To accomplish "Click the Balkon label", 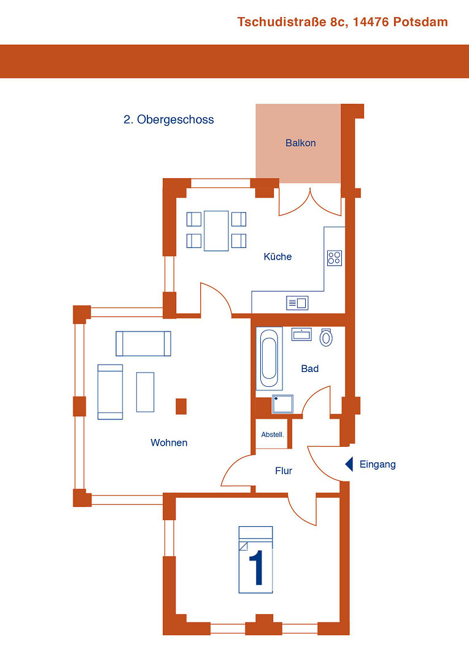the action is point(300,143).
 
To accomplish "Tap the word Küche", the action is point(277,257).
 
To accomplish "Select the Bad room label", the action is point(309,369).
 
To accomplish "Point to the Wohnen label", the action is point(169,443).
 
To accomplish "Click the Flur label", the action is point(284,471).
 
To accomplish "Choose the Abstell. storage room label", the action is point(273,435).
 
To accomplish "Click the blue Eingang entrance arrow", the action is point(349,464).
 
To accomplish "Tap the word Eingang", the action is point(378,465).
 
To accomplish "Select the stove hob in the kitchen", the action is point(335,258).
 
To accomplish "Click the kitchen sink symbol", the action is point(297,303).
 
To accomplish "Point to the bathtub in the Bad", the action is point(269,358).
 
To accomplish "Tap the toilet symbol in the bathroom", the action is point(326,337).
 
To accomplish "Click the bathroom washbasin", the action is point(301,335).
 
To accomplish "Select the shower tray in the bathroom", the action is point(282,404).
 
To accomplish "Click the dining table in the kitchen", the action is point(216,231).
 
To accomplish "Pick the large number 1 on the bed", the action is point(256,567).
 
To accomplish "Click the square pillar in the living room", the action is point(181,406).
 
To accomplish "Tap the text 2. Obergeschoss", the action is point(169,120).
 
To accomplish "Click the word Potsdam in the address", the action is point(421,22).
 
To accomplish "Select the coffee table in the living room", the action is point(145,392).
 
